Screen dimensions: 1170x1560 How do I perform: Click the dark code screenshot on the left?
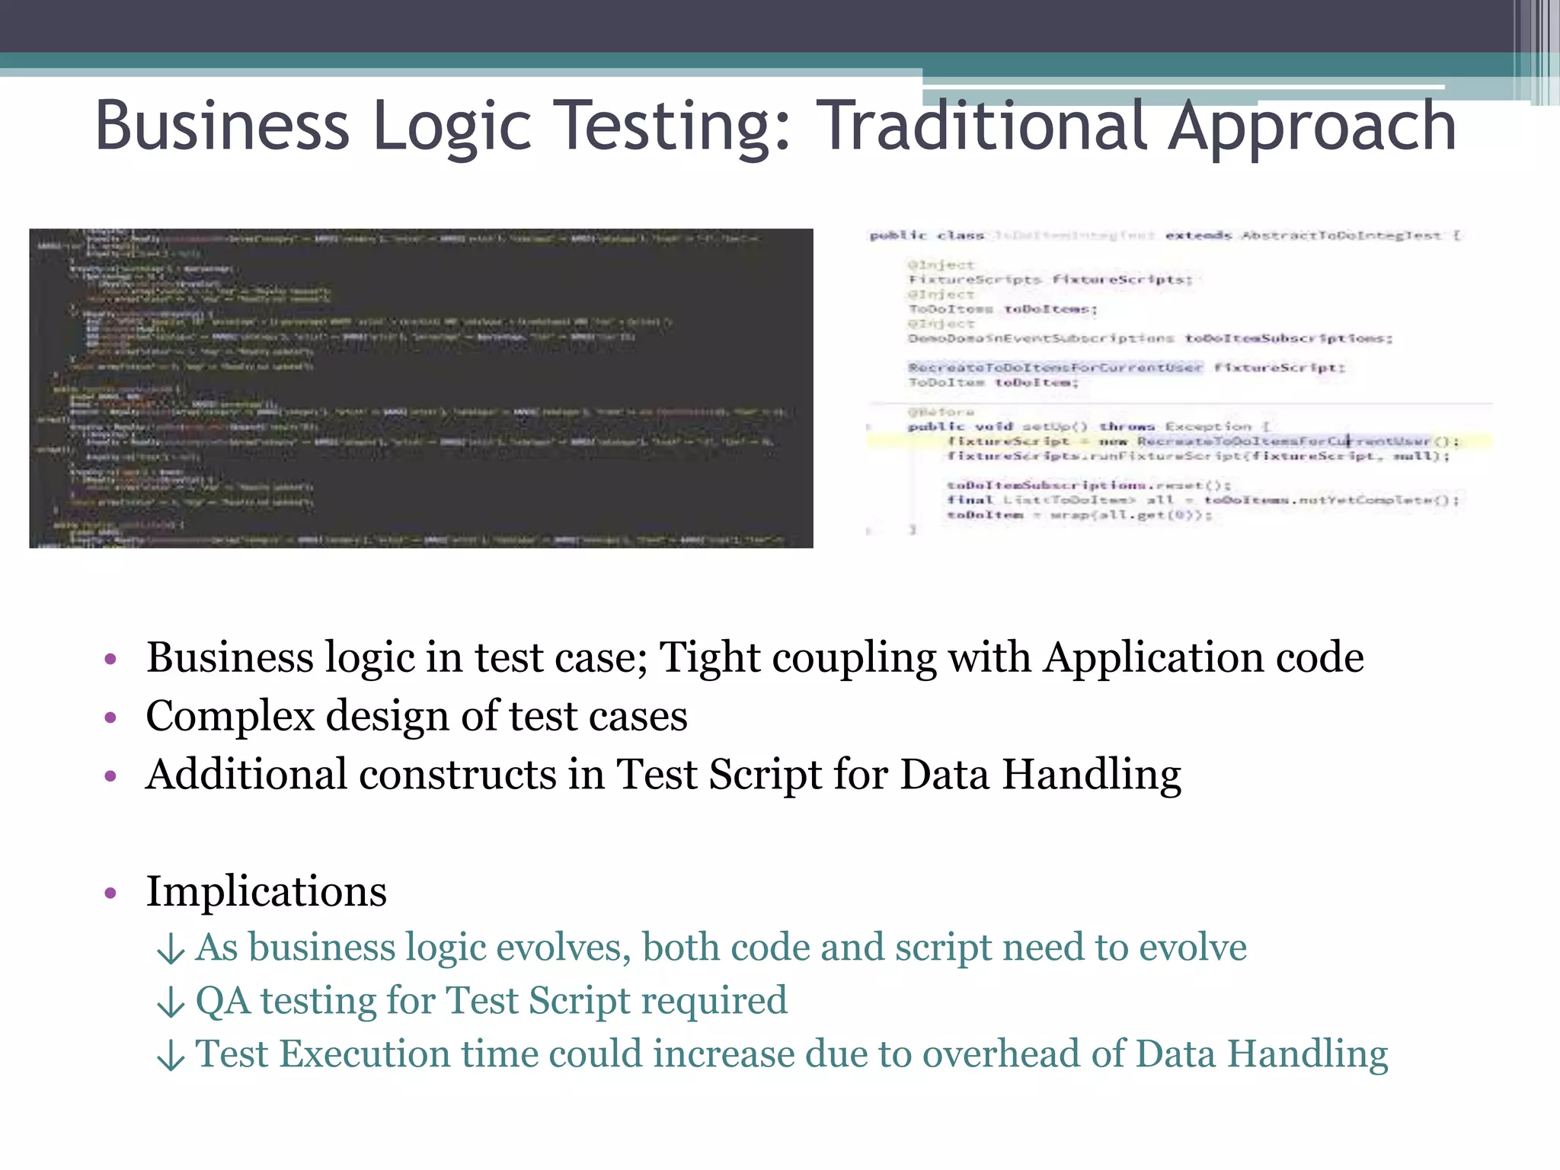coord(420,388)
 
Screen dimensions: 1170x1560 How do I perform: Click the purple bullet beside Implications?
coord(110,892)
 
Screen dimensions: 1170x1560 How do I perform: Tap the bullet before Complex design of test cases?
coord(110,717)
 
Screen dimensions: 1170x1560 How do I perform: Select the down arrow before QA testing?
coord(171,1002)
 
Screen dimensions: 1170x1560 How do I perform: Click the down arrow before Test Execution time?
coord(171,1055)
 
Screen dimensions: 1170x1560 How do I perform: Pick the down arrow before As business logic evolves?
coord(171,948)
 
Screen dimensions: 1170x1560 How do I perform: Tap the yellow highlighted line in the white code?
coord(1178,441)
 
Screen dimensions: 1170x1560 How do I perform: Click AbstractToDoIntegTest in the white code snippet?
coord(1341,235)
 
